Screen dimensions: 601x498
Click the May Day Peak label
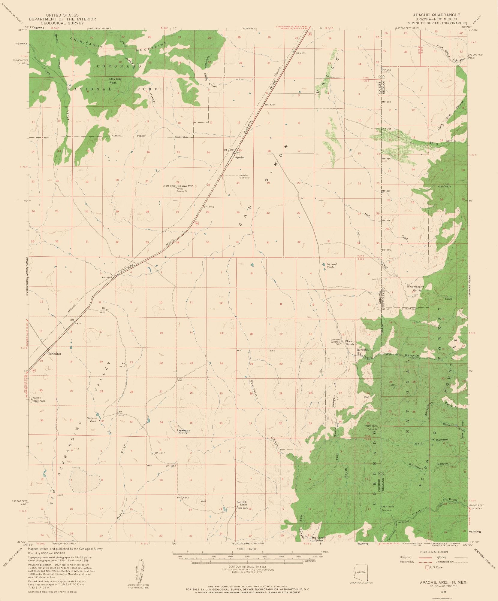[x=115, y=81]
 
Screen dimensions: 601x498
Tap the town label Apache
[x=240, y=157]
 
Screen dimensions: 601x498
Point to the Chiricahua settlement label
[x=54, y=354]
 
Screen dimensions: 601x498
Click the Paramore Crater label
[x=183, y=432]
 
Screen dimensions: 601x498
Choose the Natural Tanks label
[x=332, y=266]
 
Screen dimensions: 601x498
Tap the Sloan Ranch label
[x=349, y=343]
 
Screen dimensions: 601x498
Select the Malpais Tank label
[x=92, y=419]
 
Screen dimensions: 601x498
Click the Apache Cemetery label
[x=244, y=176]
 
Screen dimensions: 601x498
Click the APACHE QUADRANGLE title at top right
[x=436, y=15]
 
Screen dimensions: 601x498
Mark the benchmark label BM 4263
[x=300, y=53]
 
